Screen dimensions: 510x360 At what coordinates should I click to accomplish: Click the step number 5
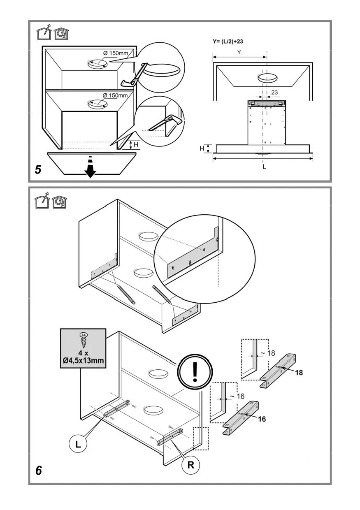pyautogui.click(x=38, y=169)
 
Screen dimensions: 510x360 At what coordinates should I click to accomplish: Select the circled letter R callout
pyautogui.click(x=191, y=465)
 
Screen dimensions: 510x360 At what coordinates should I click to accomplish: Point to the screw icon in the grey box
pyautogui.click(x=83, y=339)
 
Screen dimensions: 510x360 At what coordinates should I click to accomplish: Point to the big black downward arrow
pyautogui.click(x=90, y=169)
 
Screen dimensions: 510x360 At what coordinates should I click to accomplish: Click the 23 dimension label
pyautogui.click(x=275, y=92)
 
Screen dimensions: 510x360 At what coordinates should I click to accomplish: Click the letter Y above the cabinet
pyautogui.click(x=239, y=52)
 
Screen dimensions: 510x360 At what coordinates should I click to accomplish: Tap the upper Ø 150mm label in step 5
pyautogui.click(x=116, y=53)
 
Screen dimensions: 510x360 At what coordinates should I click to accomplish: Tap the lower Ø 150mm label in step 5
pyautogui.click(x=116, y=95)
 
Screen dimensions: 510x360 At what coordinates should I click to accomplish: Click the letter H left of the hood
pyautogui.click(x=202, y=148)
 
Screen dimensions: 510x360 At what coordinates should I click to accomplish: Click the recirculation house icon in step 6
pyautogui.click(x=60, y=201)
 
